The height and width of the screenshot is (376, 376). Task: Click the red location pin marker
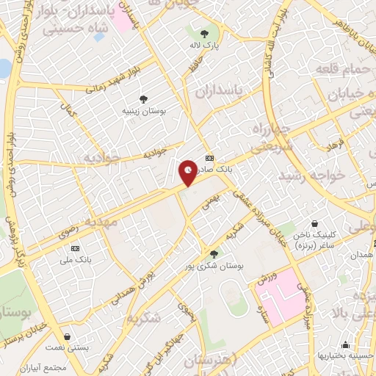189,172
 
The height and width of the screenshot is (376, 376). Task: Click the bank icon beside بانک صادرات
210,158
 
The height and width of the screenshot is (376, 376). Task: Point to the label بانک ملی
73,259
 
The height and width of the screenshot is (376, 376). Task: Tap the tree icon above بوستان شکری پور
214,253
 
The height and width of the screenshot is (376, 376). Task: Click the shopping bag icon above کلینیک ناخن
314,223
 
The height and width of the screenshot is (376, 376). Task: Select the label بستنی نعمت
67,347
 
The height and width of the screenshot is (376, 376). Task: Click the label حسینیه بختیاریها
344,356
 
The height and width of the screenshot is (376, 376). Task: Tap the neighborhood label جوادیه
100,158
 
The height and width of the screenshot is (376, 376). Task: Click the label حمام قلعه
336,68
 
